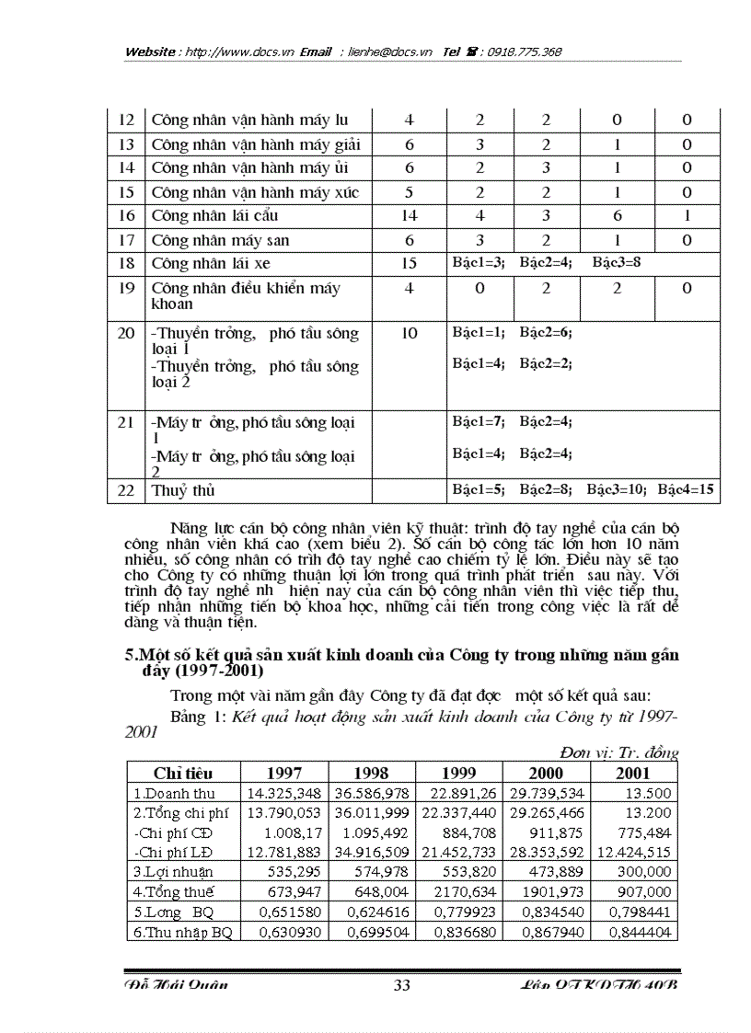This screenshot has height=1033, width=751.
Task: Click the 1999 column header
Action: point(459,774)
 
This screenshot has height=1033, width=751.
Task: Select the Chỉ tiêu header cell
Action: point(180,774)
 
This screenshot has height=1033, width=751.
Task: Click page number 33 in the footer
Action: point(401,986)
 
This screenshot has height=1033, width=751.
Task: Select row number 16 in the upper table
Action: point(127,216)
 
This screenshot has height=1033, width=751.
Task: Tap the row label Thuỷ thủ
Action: point(183,491)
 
